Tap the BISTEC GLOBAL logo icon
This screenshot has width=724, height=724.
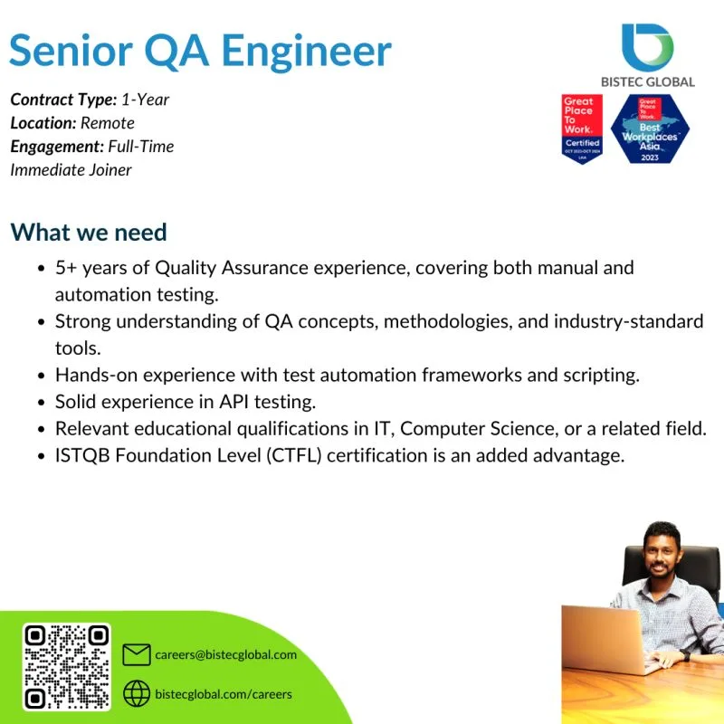[x=647, y=45]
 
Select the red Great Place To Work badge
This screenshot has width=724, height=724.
[x=581, y=129]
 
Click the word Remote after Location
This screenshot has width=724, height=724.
[x=108, y=122]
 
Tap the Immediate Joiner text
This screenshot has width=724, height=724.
[x=71, y=169]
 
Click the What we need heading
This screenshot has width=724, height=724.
[x=89, y=233]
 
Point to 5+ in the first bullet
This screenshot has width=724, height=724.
[x=67, y=268]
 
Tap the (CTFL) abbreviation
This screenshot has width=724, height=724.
[x=292, y=454]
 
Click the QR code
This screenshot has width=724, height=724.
[x=66, y=666]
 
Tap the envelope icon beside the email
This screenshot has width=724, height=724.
[x=136, y=655]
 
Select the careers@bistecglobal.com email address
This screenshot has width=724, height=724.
[x=225, y=655]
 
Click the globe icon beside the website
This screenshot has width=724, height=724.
[x=136, y=693]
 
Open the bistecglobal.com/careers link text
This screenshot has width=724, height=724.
[x=224, y=693]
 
